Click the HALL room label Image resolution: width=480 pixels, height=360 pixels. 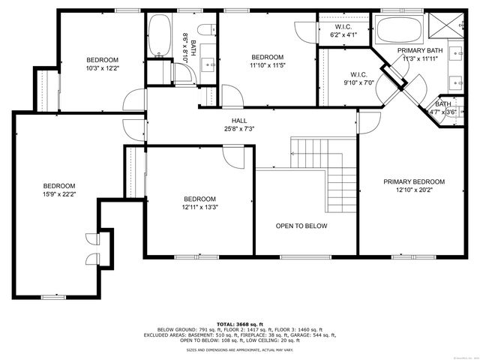(239, 121)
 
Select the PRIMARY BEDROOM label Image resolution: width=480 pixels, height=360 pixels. (414, 181)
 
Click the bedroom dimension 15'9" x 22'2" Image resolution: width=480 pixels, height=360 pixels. (58, 194)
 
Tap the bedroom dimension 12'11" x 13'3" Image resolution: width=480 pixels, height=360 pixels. (200, 207)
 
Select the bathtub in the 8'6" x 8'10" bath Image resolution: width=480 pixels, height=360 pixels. (158, 35)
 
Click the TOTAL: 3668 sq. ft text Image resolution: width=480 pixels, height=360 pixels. (239, 322)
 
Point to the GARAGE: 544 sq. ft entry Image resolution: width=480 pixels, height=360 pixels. (316, 334)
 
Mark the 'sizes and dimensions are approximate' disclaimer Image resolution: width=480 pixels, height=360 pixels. (239, 349)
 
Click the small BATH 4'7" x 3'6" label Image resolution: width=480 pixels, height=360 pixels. (442, 108)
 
